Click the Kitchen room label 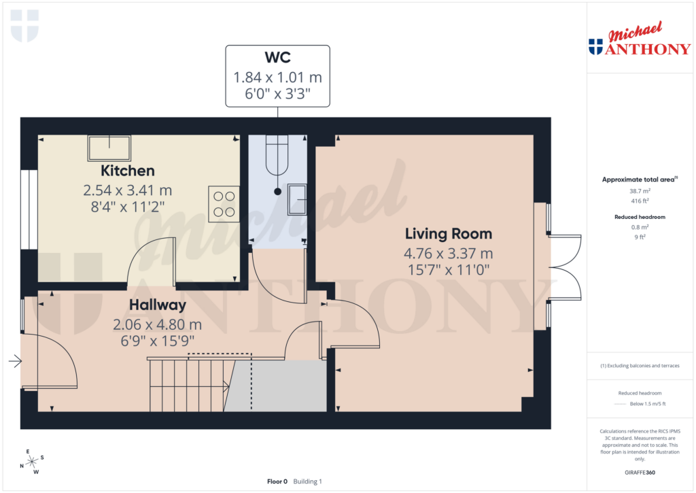point(128,171)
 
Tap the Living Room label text point(448,234)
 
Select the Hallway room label point(157,305)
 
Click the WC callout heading point(277,57)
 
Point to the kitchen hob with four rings point(224,205)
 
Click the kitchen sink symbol point(109,147)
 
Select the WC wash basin point(298,199)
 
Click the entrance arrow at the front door point(15,362)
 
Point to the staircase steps point(187,385)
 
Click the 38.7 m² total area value point(638,192)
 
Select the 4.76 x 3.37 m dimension point(448,254)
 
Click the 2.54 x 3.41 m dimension point(128,190)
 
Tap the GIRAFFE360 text point(638,472)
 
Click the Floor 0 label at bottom point(277,481)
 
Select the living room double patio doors point(565,267)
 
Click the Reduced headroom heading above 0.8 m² point(638,217)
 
